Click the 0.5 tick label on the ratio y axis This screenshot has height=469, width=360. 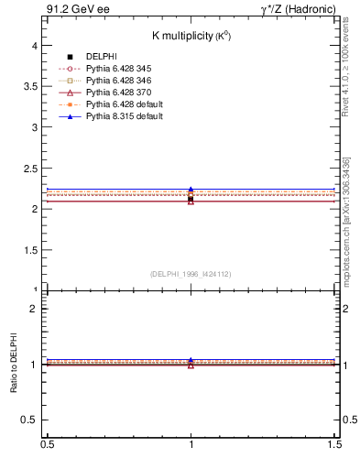pyautogui.click(x=30, y=420)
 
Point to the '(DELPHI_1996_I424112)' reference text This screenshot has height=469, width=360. pyautogui.click(x=191, y=273)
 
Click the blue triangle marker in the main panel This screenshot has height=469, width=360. pyautogui.click(x=191, y=190)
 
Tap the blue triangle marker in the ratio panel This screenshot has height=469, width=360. pyautogui.click(x=191, y=360)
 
